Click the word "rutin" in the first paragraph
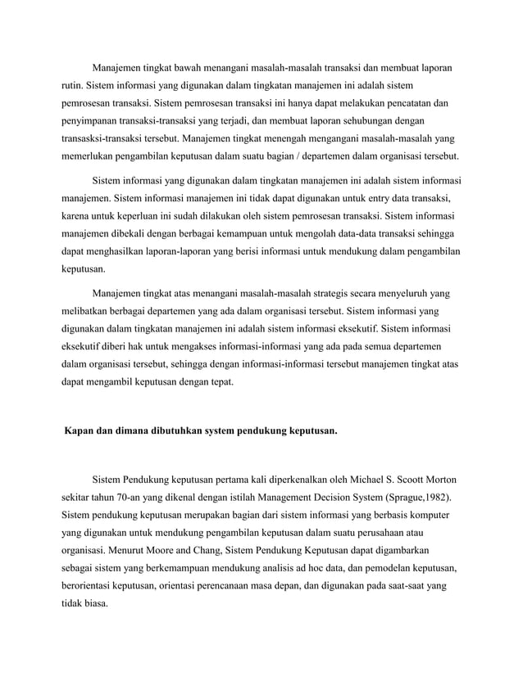tap(73, 85)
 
